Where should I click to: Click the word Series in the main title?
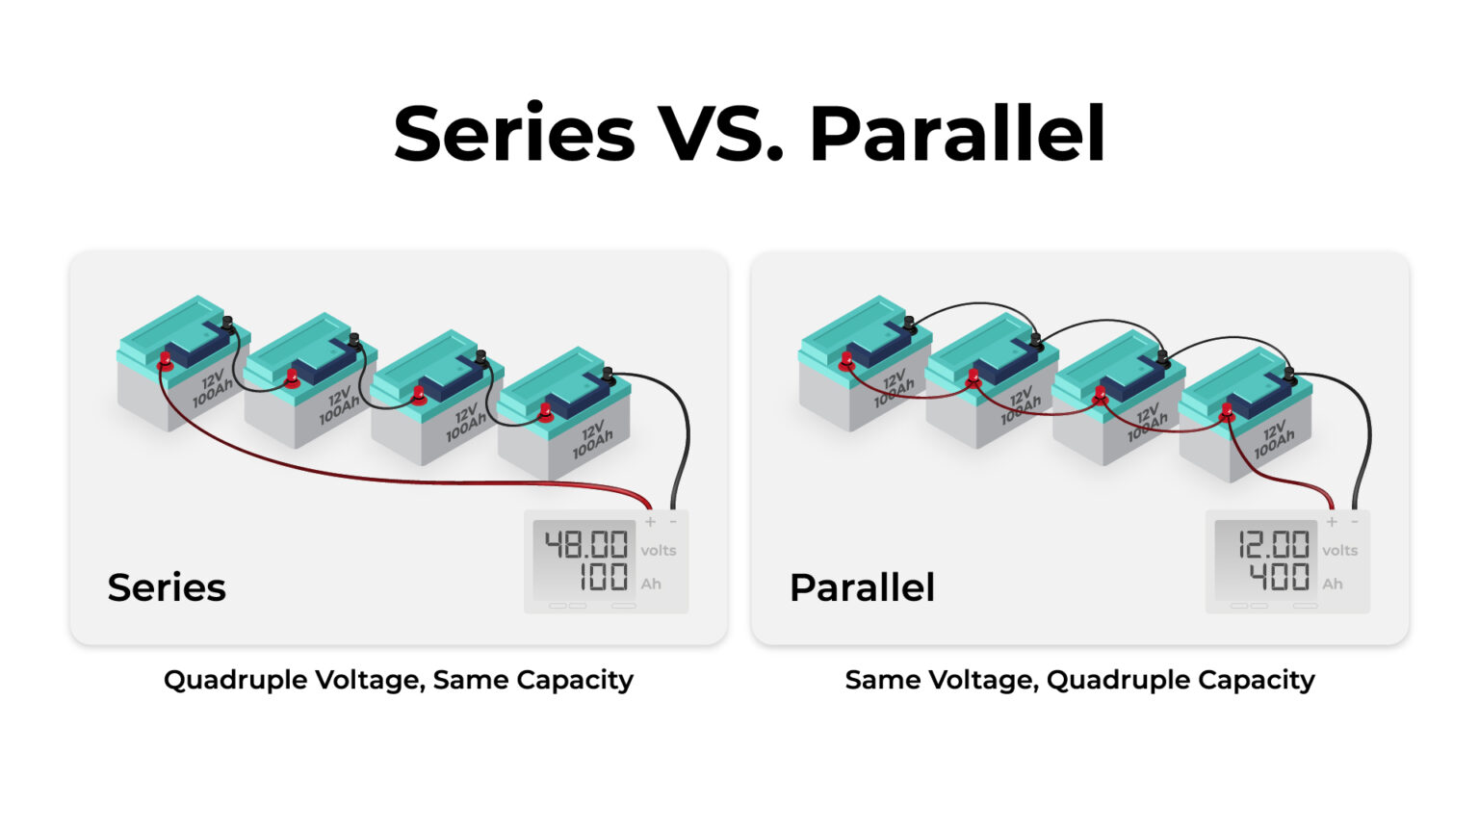(514, 135)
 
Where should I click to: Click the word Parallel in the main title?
(957, 135)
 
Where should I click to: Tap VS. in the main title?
(720, 135)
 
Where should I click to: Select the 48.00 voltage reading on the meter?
(586, 545)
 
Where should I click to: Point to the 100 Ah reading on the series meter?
(603, 578)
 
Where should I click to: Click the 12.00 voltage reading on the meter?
(1273, 545)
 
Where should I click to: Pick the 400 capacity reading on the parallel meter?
(1279, 578)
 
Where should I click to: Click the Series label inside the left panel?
(167, 587)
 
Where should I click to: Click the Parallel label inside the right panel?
(862, 587)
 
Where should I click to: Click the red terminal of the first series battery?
(166, 361)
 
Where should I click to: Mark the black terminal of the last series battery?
(608, 375)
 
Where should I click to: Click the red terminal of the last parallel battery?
(1227, 413)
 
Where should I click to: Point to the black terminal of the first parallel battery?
(909, 324)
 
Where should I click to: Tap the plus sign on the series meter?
(651, 522)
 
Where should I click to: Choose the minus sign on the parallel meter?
(1355, 522)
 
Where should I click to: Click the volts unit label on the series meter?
(659, 551)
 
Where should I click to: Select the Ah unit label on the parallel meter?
(1333, 584)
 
